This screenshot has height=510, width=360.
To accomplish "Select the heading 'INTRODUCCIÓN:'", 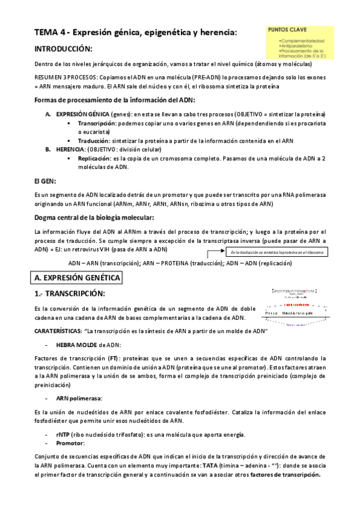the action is tap(63, 48).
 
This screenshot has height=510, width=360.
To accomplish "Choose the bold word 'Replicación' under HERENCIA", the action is tap(96, 159).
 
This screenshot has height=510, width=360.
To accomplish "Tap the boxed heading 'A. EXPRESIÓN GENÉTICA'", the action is tap(77, 277).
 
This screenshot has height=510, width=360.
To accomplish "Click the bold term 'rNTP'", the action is tap(63, 435).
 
